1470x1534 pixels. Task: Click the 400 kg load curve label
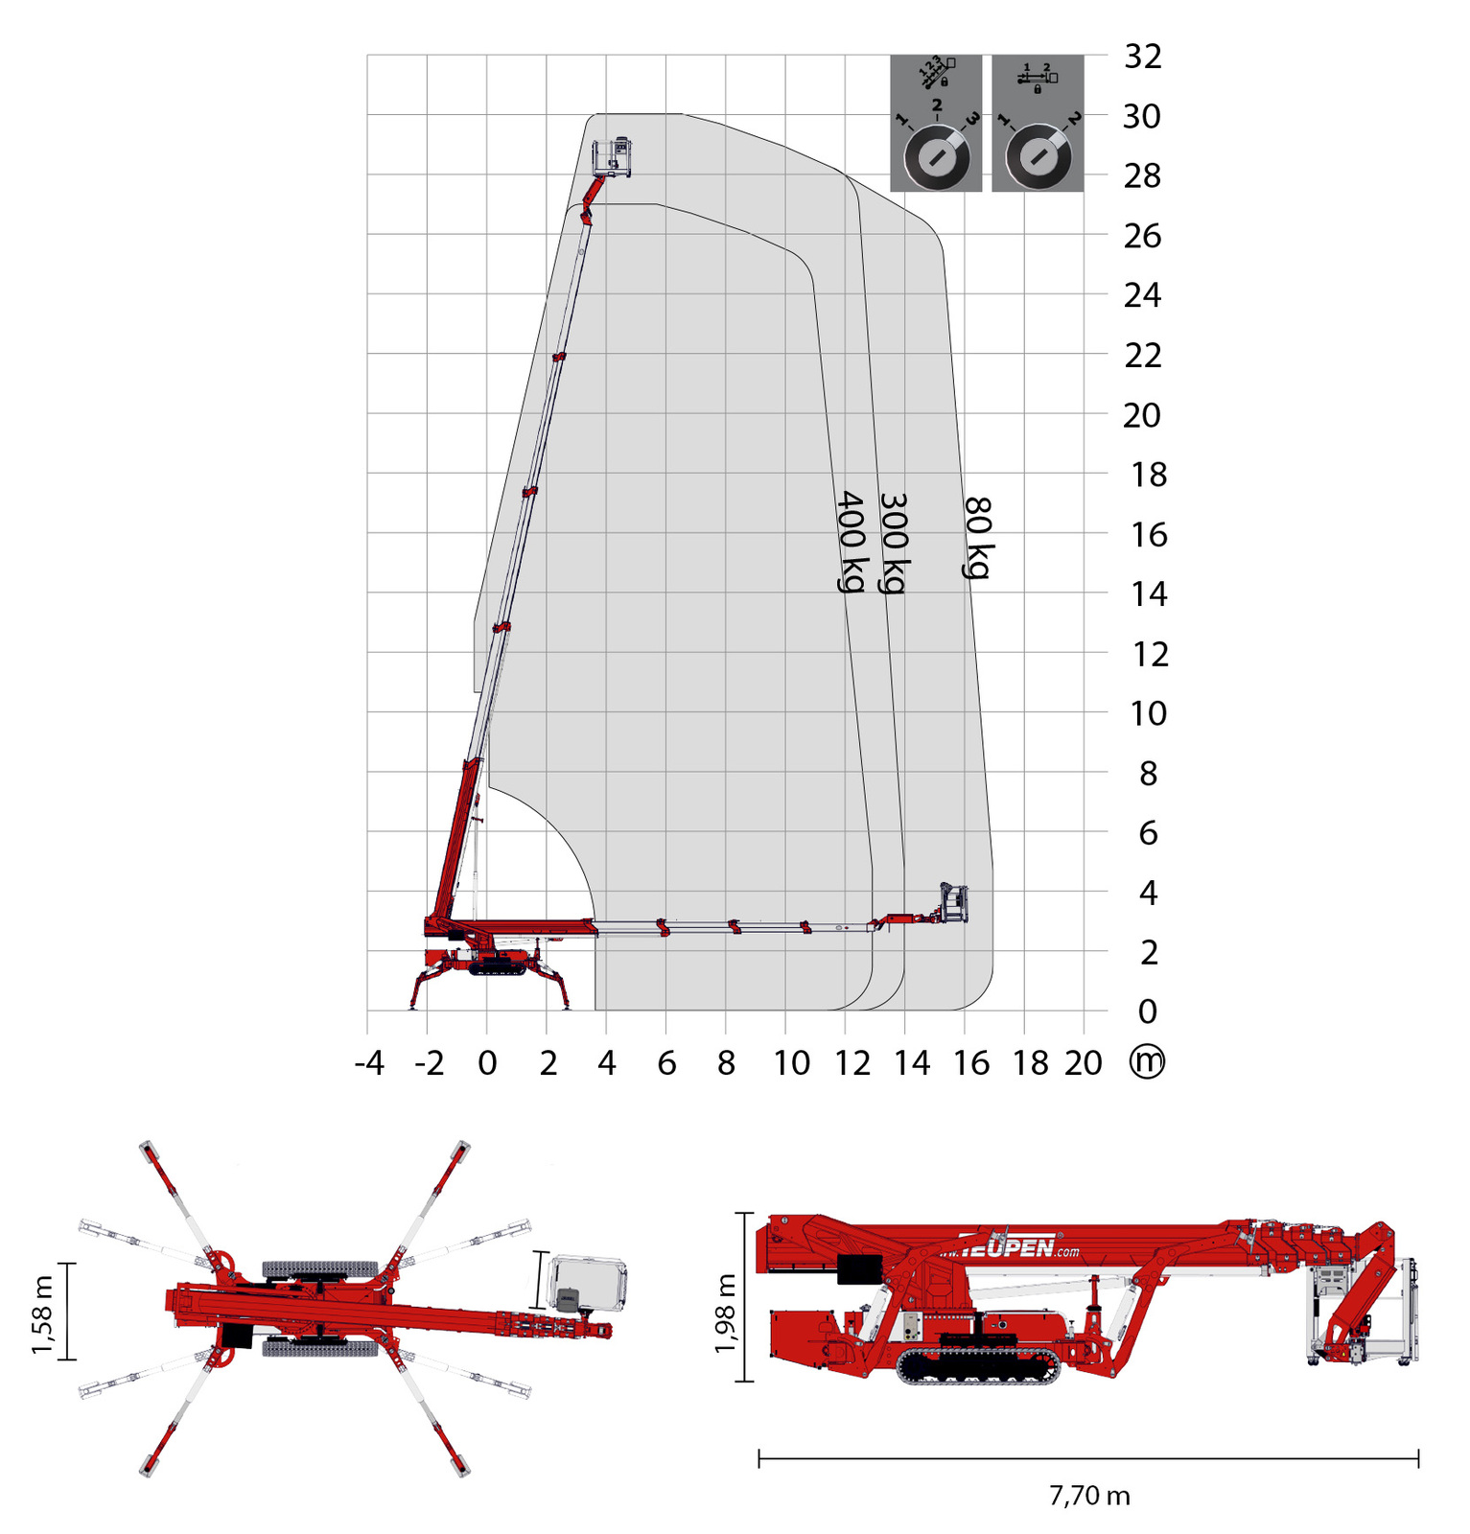pyautogui.click(x=851, y=542)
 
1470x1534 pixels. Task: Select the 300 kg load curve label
pyautogui.click(x=894, y=543)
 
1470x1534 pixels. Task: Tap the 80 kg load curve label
pyautogui.click(x=977, y=537)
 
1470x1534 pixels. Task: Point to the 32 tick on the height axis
pyautogui.click(x=1142, y=57)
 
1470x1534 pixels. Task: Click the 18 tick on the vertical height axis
pyautogui.click(x=1148, y=475)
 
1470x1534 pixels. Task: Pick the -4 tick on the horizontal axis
pyautogui.click(x=369, y=1063)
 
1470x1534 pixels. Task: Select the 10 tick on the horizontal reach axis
pyautogui.click(x=792, y=1063)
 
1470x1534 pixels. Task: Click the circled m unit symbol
pyautogui.click(x=1147, y=1061)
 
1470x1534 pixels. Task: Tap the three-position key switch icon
pyautogui.click(x=936, y=123)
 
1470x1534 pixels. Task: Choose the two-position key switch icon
pyautogui.click(x=1038, y=123)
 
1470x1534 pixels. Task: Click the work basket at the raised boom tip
pyautogui.click(x=612, y=157)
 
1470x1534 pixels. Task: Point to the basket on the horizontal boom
pyautogui.click(x=953, y=903)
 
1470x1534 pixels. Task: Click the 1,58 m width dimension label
pyautogui.click(x=43, y=1314)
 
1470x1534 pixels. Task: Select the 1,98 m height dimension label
pyautogui.click(x=726, y=1313)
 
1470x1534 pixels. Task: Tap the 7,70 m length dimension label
pyautogui.click(x=1089, y=1496)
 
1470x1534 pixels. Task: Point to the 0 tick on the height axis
pyautogui.click(x=1147, y=1011)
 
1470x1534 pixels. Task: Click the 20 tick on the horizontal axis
pyautogui.click(x=1083, y=1063)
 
